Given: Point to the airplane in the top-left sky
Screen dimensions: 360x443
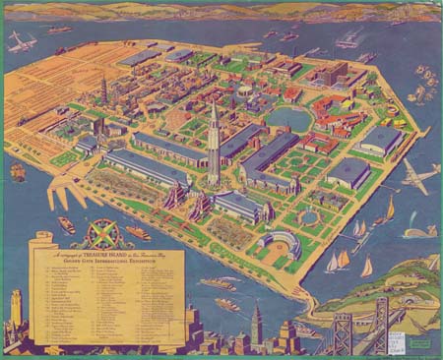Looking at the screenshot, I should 20,42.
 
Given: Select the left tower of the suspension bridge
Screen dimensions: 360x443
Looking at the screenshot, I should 341,330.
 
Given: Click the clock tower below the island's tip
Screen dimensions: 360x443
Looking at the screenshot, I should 254,325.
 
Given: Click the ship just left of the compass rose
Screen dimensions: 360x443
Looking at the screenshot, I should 65,225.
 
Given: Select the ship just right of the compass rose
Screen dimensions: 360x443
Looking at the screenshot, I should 138,233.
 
